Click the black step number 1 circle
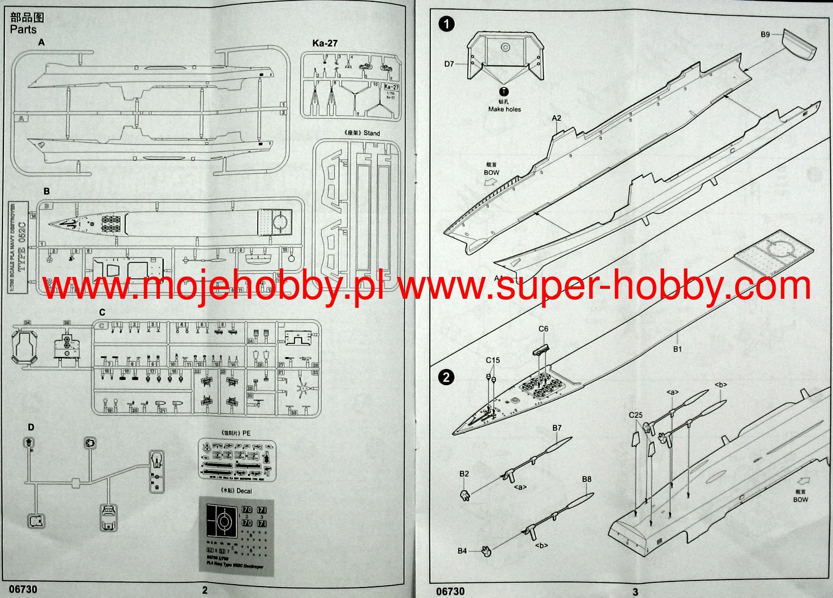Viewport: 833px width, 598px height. (x=446, y=24)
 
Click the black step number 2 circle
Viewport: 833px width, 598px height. (x=446, y=377)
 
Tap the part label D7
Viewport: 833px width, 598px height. (x=449, y=64)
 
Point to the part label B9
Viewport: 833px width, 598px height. (x=765, y=35)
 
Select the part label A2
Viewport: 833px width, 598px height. (x=556, y=118)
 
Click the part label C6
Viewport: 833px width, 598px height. (x=543, y=329)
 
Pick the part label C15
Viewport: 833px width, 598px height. (x=493, y=360)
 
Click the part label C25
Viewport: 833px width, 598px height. (x=636, y=415)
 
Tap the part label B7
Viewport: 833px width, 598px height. (x=557, y=428)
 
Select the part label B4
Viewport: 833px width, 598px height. (x=462, y=551)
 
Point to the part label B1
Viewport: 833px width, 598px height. (x=677, y=349)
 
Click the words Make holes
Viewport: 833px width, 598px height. (x=504, y=109)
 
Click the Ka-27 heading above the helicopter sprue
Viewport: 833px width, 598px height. (x=325, y=43)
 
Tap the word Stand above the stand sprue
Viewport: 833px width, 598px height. (x=372, y=133)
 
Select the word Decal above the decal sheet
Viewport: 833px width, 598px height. (x=244, y=491)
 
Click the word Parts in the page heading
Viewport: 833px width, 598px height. (x=23, y=29)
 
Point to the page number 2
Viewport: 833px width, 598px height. (x=205, y=590)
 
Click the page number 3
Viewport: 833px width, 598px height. (x=635, y=591)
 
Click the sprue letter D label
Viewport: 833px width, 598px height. (x=31, y=427)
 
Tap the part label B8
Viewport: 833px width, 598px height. (x=587, y=479)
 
